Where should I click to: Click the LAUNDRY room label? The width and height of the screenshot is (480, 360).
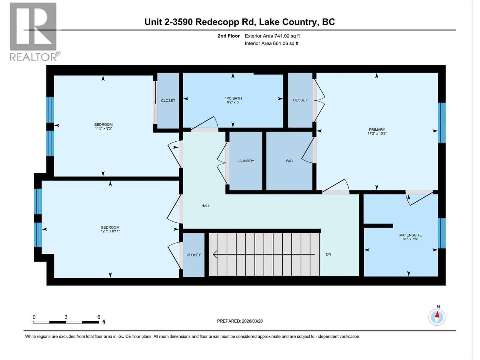click(x=245, y=161)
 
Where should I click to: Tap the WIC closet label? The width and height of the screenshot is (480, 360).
click(x=289, y=161)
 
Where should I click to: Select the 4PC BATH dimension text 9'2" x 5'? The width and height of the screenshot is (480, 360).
click(x=233, y=102)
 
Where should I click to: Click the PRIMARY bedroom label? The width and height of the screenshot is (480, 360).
click(x=377, y=130)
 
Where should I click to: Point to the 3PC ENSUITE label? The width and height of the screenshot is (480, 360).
click(x=410, y=235)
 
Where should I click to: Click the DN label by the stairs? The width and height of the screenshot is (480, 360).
click(x=328, y=254)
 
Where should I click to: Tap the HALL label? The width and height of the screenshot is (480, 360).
click(x=206, y=206)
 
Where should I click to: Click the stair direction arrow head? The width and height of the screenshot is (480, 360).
click(x=215, y=254)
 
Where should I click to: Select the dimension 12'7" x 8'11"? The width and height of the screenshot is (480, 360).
click(x=110, y=231)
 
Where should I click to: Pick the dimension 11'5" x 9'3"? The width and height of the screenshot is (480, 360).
click(x=103, y=128)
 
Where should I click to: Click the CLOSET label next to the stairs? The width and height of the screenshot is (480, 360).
click(x=193, y=255)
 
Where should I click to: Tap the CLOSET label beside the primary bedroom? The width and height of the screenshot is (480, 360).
click(x=300, y=100)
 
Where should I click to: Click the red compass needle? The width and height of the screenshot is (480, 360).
click(x=437, y=315)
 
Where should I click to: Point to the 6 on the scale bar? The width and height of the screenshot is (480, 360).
click(x=99, y=317)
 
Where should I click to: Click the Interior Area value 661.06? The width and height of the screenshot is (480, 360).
click(x=280, y=43)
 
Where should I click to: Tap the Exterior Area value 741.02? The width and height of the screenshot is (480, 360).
click(x=282, y=36)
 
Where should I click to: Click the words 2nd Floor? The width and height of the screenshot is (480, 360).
click(x=229, y=36)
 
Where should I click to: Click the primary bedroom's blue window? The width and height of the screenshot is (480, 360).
click(x=442, y=122)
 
